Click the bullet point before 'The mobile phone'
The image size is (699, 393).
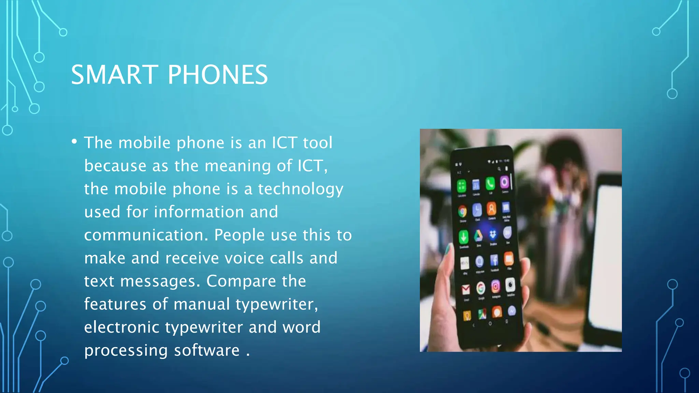[x=74, y=141]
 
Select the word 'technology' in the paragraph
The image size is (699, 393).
[x=300, y=189]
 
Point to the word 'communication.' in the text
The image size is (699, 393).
[x=146, y=235]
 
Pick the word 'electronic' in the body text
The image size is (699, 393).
[x=122, y=327]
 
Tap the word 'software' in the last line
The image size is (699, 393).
[x=207, y=350]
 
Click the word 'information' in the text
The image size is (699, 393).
[x=199, y=212]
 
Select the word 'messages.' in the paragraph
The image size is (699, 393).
[x=160, y=281]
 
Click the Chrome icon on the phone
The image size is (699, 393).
[x=462, y=212]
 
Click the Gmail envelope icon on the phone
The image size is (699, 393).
[x=466, y=290]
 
